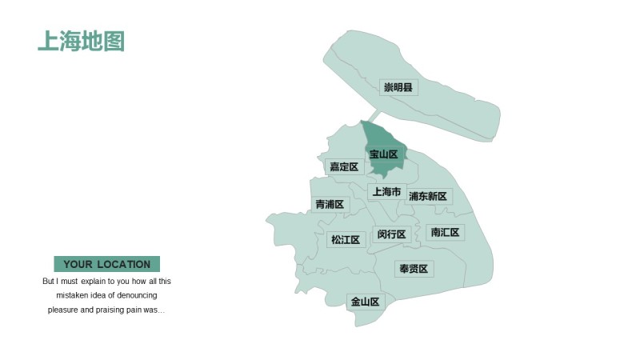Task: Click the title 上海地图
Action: [81, 41]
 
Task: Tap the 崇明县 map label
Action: [398, 87]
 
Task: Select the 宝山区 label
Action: [383, 154]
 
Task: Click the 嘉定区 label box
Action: [345, 166]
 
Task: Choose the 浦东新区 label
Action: [428, 196]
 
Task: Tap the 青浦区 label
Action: [330, 205]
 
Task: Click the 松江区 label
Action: [346, 239]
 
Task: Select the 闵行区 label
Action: [392, 234]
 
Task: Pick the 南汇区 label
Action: [445, 232]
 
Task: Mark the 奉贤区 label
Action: [414, 269]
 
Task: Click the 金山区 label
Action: [367, 302]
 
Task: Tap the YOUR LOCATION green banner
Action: [106, 264]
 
